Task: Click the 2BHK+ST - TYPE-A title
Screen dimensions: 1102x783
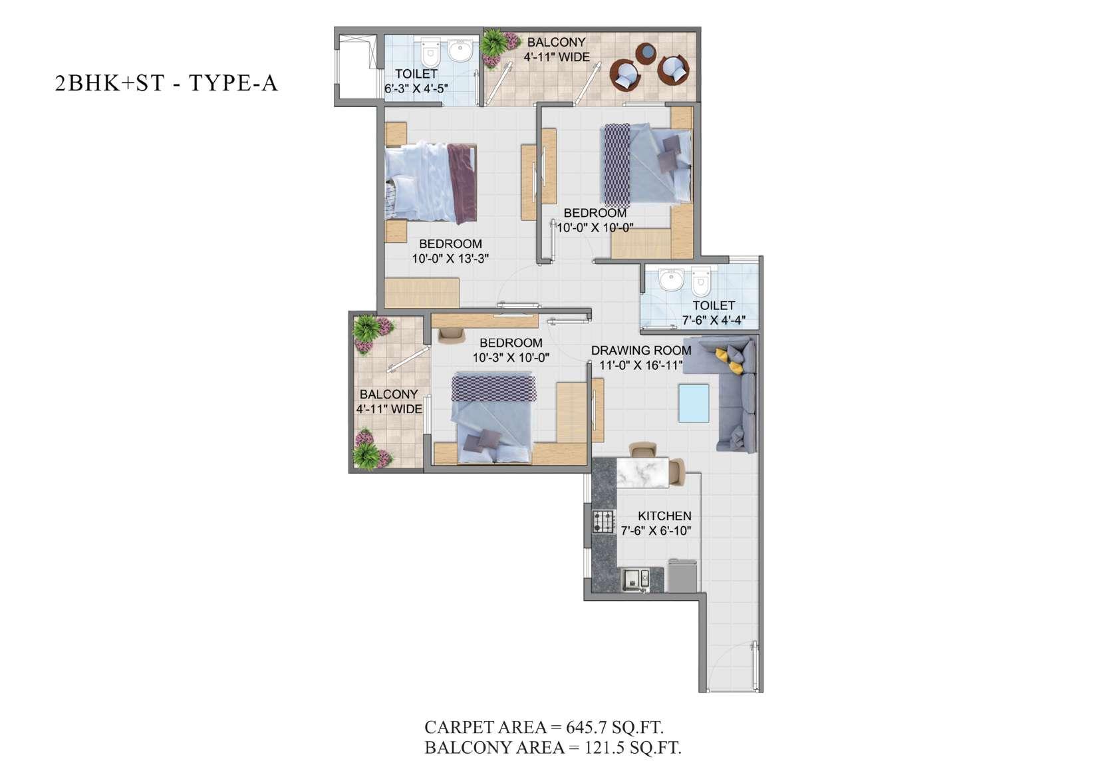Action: (x=166, y=82)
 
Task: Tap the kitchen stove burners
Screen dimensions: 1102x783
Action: (x=603, y=522)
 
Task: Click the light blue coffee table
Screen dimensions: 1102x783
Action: (x=694, y=403)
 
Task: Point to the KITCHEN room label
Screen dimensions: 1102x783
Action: (x=664, y=516)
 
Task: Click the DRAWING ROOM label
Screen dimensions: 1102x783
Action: (x=641, y=351)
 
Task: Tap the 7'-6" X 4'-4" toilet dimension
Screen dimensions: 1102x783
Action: (x=714, y=321)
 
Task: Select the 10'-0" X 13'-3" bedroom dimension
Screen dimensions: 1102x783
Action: (x=450, y=258)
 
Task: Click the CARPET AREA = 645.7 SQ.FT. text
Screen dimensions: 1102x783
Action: (x=544, y=727)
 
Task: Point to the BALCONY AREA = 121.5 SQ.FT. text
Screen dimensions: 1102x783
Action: (x=553, y=748)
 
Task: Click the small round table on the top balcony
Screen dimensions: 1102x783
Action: (x=646, y=54)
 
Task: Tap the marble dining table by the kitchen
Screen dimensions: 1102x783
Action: (x=642, y=472)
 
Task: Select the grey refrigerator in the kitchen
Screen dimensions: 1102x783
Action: (x=682, y=576)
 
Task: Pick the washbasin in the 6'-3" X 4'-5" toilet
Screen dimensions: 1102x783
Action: (x=460, y=52)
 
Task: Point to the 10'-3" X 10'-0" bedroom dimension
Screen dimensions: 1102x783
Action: (x=511, y=358)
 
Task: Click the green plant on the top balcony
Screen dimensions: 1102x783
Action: (x=493, y=43)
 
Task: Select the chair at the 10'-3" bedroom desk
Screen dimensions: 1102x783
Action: (x=452, y=335)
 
